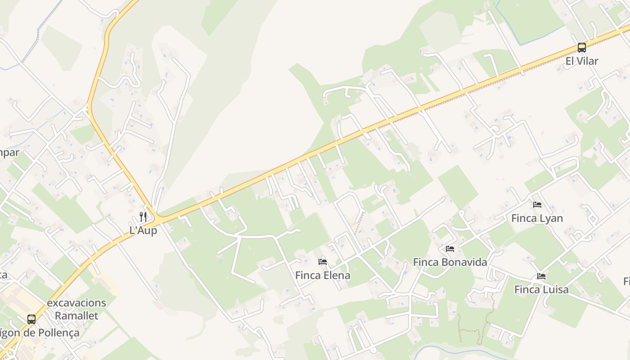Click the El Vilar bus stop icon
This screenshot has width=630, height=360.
pyautogui.click(x=581, y=47)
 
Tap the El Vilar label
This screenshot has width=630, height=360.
pyautogui.click(x=581, y=61)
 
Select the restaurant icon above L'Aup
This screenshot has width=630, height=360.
pyautogui.click(x=143, y=216)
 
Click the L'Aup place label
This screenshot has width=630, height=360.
pyautogui.click(x=143, y=230)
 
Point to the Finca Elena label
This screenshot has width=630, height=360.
pyautogui.click(x=322, y=275)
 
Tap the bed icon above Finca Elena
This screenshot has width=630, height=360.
pyautogui.click(x=322, y=261)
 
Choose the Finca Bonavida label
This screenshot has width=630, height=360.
pyautogui.click(x=450, y=262)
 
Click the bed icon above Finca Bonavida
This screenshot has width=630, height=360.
pyautogui.click(x=450, y=248)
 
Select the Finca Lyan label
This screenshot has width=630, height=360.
pyautogui.click(x=537, y=218)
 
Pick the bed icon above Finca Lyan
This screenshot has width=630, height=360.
pyautogui.click(x=537, y=205)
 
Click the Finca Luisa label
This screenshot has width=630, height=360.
pyautogui.click(x=541, y=289)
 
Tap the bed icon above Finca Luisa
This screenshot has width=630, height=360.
pyautogui.click(x=541, y=276)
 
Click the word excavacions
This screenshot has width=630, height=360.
pyautogui.click(x=76, y=302)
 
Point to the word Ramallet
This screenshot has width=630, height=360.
pyautogui.click(x=76, y=315)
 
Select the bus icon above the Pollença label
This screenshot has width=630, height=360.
pyautogui.click(x=31, y=319)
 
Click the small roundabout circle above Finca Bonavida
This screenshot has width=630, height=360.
pyautogui.click(x=461, y=211)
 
